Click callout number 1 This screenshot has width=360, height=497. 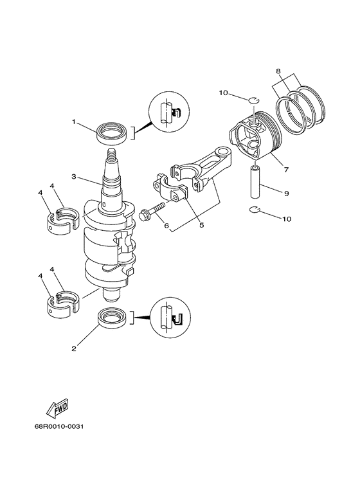pos(74,122)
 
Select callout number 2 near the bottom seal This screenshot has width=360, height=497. pos(74,348)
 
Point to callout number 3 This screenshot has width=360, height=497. pos(74,176)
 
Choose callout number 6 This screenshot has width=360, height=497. pos(166,226)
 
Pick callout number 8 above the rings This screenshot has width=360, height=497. pos(278,72)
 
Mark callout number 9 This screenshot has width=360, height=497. pos(287,192)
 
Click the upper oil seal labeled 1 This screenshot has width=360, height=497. pos(111,134)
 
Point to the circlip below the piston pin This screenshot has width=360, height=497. pos(255,210)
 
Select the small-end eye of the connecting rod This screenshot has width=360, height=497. pos(225,153)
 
